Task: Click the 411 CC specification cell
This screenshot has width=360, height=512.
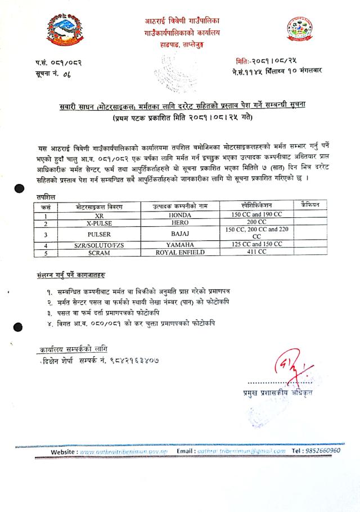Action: (256, 253)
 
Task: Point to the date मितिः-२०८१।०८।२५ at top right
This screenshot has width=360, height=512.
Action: (267, 60)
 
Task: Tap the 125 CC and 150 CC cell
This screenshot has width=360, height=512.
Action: (256, 245)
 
